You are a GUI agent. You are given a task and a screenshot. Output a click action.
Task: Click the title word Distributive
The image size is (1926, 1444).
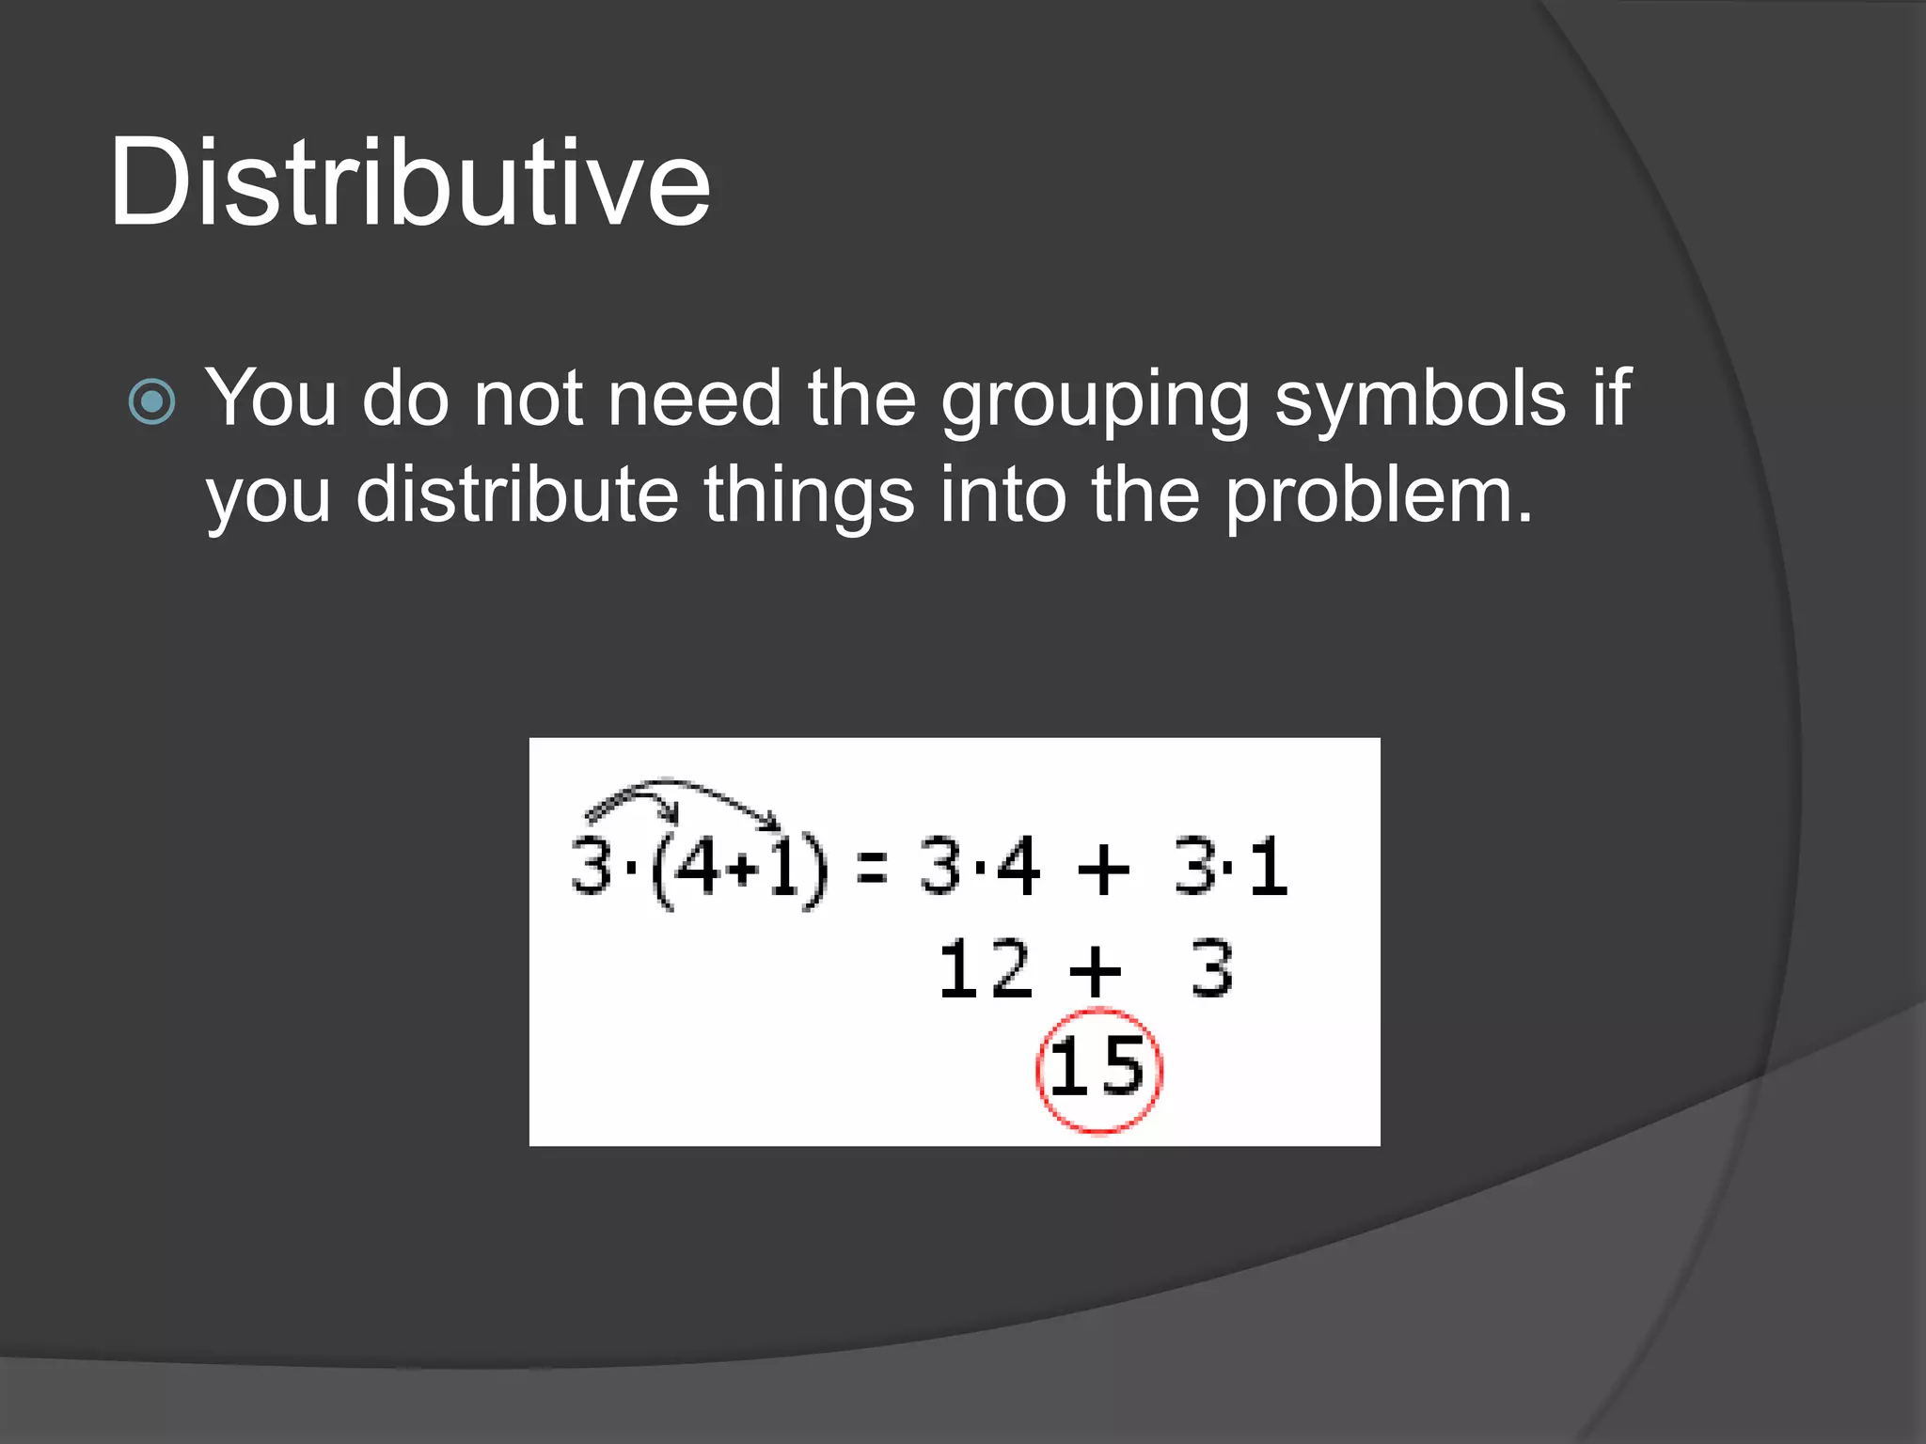pos(410,182)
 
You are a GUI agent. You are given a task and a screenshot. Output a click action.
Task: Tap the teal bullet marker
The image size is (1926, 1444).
pos(151,401)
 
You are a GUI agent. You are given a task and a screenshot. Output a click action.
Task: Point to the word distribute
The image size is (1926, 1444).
pos(516,494)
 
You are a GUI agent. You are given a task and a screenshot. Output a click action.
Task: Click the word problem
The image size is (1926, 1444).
pos(1378,496)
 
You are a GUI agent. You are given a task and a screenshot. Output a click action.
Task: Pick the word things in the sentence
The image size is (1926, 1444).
pos(809,496)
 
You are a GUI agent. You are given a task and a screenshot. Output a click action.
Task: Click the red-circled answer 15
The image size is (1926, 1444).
pos(1098,1070)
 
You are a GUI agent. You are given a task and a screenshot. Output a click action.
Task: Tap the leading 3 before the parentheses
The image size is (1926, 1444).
pos(592,867)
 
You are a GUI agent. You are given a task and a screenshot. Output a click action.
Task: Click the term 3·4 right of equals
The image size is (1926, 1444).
pos(979,867)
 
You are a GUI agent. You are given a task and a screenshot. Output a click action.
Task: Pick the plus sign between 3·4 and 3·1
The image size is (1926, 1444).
pos(1102,869)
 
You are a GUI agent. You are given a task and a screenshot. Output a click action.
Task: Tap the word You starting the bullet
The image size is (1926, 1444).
pos(271,399)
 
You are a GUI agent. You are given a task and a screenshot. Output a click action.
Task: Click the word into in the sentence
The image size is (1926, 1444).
pos(1002,494)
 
